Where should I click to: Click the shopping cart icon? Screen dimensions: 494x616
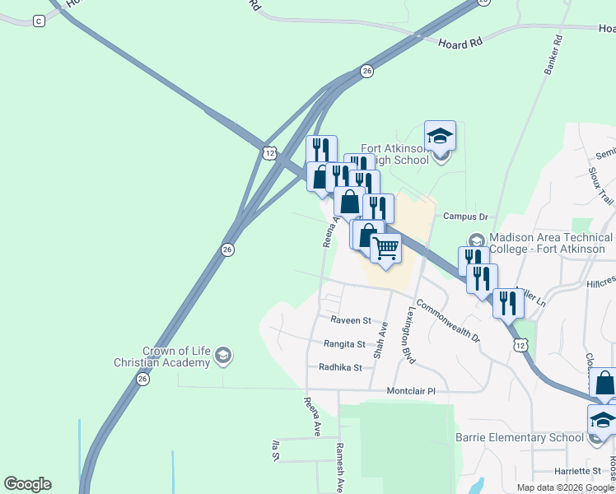coord(385,248)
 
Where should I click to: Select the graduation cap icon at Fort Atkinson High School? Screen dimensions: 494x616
coord(440,137)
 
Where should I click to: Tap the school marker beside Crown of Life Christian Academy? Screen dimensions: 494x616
coord(222,356)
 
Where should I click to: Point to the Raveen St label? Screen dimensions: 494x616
coord(351,319)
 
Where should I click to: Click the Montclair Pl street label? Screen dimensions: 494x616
coord(410,391)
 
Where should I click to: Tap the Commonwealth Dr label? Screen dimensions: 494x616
coord(448,319)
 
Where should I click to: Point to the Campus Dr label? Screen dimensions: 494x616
coord(466,217)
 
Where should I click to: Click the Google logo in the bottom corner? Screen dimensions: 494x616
coord(27,484)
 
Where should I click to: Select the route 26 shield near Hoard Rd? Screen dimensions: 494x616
coord(366,72)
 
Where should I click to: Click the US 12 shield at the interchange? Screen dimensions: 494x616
coord(268,153)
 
